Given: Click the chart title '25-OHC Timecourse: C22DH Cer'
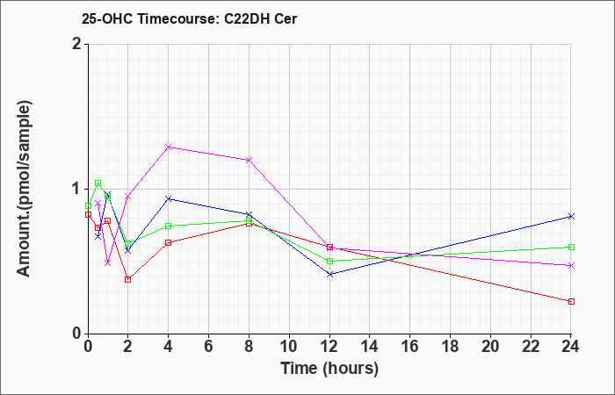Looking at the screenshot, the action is pyautogui.click(x=189, y=18).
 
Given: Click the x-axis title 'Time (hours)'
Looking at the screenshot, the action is pyautogui.click(x=329, y=369).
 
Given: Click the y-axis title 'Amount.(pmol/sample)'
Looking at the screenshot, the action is pyautogui.click(x=24, y=189).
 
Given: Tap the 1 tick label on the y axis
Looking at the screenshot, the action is pyautogui.click(x=76, y=189).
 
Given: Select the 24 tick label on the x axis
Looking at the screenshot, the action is pyautogui.click(x=571, y=347).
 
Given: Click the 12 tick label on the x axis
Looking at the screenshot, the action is pyautogui.click(x=329, y=347).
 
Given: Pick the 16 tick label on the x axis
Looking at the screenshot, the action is pyautogui.click(x=410, y=347).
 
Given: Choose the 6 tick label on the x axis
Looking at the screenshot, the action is pyautogui.click(x=209, y=347).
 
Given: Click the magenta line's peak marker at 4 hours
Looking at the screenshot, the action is pyautogui.click(x=169, y=147).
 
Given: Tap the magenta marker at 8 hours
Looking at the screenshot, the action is pyautogui.click(x=249, y=160).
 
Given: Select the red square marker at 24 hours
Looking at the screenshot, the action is pyautogui.click(x=571, y=301).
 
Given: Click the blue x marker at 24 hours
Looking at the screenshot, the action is pyautogui.click(x=571, y=216).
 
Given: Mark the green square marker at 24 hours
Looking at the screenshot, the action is pyautogui.click(x=571, y=247).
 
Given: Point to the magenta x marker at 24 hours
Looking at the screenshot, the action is pyautogui.click(x=571, y=266).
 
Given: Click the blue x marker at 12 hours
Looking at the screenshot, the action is pyautogui.click(x=329, y=274).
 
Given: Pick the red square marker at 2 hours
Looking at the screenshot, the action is pyautogui.click(x=128, y=279).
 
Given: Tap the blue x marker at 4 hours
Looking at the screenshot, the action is pyautogui.click(x=169, y=198).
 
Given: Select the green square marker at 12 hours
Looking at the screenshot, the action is pyautogui.click(x=329, y=261).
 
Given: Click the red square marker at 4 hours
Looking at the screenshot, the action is pyautogui.click(x=169, y=242).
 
